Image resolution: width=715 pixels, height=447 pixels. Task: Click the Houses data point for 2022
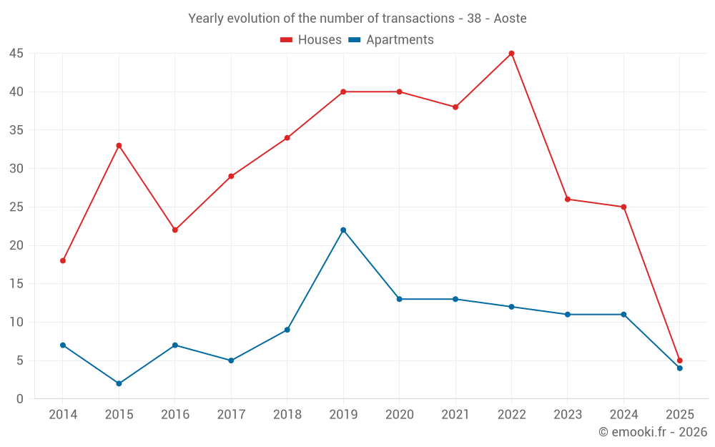click(x=511, y=54)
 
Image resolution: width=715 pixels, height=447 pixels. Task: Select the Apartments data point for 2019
click(x=343, y=230)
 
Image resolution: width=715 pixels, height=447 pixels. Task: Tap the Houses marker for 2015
click(x=119, y=145)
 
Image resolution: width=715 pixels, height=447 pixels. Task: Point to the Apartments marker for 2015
click(x=119, y=383)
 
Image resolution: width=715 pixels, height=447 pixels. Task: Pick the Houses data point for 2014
click(x=63, y=260)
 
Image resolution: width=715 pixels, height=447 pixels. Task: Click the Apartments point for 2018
click(x=287, y=330)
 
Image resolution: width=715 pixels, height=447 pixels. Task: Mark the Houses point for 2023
click(x=568, y=199)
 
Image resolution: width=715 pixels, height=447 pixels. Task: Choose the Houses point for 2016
click(x=174, y=230)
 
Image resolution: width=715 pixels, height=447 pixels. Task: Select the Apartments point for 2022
click(x=511, y=307)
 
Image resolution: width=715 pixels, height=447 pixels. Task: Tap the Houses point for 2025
click(x=680, y=360)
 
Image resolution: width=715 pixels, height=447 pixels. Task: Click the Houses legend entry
click(x=311, y=40)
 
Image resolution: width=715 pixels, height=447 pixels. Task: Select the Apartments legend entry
click(x=391, y=40)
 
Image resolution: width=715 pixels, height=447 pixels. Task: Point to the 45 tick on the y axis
click(x=16, y=54)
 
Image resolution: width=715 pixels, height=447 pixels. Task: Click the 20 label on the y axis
click(x=16, y=245)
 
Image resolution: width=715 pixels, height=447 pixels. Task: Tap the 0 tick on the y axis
click(x=20, y=399)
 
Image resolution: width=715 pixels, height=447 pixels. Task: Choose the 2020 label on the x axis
click(x=399, y=415)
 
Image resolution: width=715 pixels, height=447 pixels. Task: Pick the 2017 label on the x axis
click(x=231, y=415)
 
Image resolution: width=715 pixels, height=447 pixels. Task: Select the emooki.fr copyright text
click(x=653, y=432)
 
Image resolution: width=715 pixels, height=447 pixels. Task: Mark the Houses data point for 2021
click(x=455, y=107)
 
